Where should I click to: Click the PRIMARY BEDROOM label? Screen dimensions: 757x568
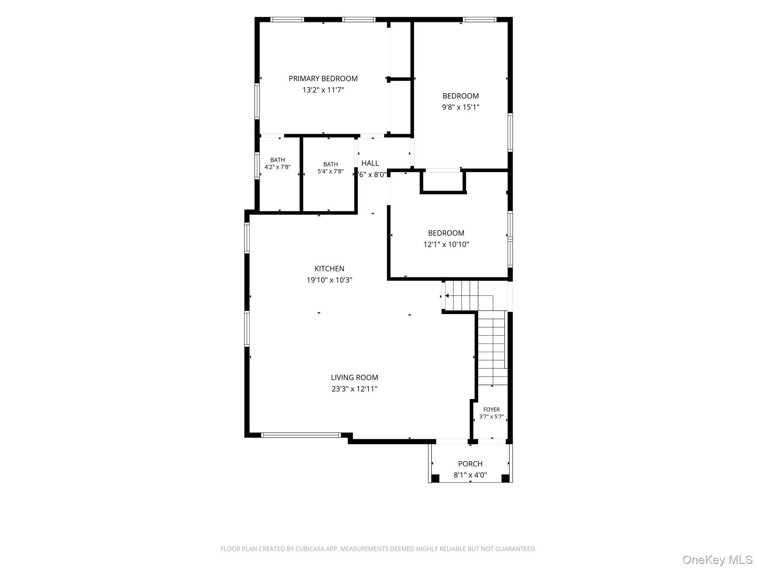pos(323,78)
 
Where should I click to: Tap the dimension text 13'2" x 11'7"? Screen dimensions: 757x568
pos(323,90)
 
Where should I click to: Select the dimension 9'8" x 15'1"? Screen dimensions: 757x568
pos(461,107)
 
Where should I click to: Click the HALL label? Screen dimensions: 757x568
pos(370,163)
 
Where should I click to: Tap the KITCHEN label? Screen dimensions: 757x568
pos(329,268)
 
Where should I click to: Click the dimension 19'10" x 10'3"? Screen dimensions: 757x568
pos(329,280)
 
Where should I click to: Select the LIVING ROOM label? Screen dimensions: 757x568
pos(354,378)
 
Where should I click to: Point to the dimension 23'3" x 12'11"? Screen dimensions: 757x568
pos(354,389)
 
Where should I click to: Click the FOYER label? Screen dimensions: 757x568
pos(492,410)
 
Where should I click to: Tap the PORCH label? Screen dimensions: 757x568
pos(470,464)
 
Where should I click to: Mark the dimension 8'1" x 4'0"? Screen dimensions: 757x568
pos(470,475)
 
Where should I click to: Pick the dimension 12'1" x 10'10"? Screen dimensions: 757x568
pos(446,244)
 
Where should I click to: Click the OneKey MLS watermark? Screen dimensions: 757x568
pos(717,560)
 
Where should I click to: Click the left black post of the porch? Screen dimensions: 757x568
pos(435,478)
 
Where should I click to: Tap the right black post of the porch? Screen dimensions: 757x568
pos(505,478)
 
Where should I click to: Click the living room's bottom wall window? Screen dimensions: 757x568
pos(301,435)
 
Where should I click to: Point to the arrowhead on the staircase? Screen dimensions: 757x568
pos(447,295)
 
